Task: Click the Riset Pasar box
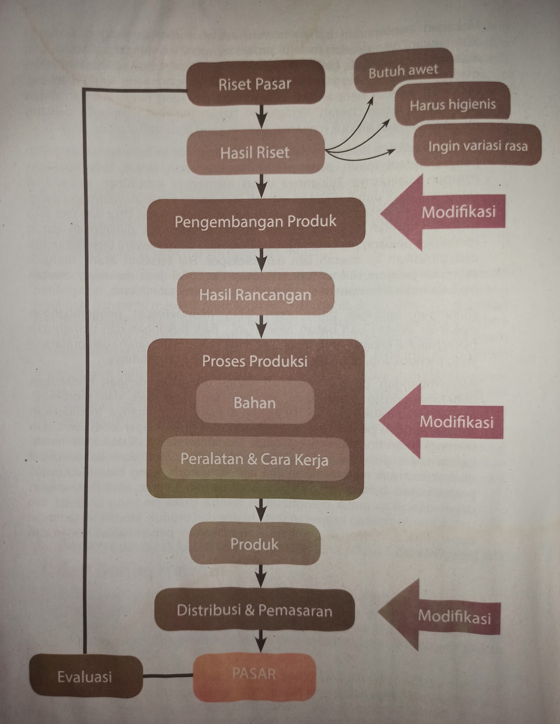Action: (x=255, y=84)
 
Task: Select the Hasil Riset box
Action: (x=255, y=153)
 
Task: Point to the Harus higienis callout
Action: (x=453, y=105)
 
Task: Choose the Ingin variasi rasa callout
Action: (x=477, y=145)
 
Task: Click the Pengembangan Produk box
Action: (x=256, y=222)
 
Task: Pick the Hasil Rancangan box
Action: (x=255, y=294)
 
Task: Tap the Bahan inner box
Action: (x=255, y=403)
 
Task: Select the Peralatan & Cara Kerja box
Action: (x=255, y=459)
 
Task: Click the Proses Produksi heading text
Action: (x=255, y=361)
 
